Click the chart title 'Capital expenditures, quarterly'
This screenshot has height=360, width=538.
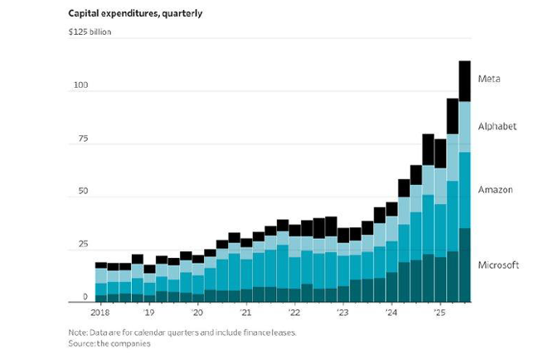click(135, 12)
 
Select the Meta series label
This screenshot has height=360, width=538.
click(489, 79)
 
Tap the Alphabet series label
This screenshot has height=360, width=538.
click(497, 126)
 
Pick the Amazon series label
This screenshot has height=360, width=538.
click(496, 190)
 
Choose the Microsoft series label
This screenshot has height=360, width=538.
click(499, 265)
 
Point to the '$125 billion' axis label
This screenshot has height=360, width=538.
click(90, 32)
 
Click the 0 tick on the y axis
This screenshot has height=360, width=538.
click(85, 296)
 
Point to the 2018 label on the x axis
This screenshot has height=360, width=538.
click(101, 314)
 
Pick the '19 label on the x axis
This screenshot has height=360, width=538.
click(149, 314)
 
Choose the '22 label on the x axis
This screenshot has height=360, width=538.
click(294, 314)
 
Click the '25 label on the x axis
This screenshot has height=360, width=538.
click(439, 314)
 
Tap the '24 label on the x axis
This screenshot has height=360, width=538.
click(391, 314)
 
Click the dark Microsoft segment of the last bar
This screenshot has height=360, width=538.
click(465, 265)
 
